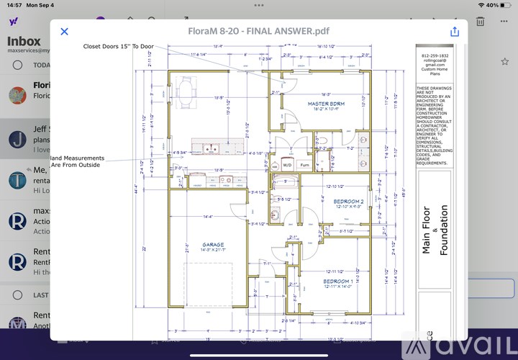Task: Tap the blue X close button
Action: point(64,31)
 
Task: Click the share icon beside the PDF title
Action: point(455,31)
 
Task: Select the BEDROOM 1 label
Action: point(337,281)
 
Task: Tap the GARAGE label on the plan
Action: point(213,244)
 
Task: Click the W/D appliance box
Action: point(286,164)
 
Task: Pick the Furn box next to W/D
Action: point(304,164)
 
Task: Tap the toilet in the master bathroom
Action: point(324,140)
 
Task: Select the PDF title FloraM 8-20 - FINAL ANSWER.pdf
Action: point(260,31)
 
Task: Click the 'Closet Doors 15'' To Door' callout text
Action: point(118,46)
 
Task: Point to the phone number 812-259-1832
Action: point(434,55)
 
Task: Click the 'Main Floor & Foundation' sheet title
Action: point(435,230)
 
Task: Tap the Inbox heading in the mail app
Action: point(24,42)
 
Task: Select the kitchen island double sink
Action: point(211,150)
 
